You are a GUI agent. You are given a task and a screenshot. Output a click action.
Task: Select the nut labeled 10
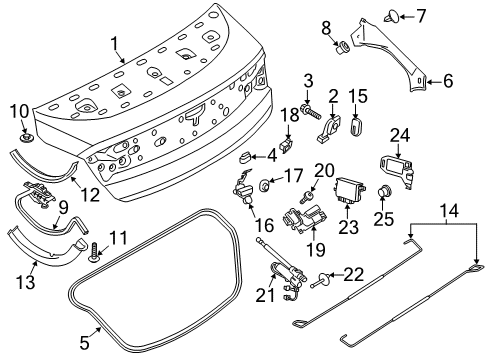[x=24, y=130]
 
